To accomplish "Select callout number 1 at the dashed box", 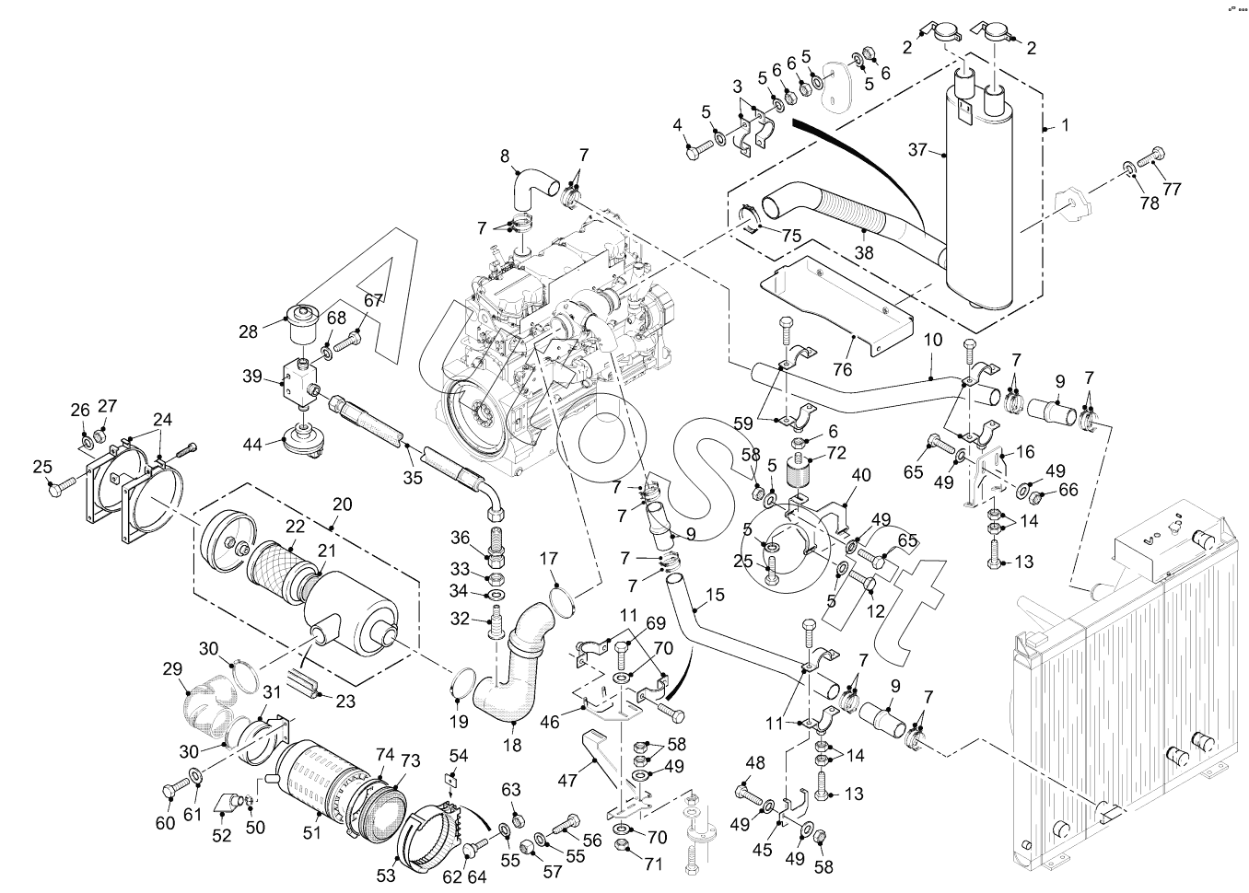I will click(x=1065, y=123).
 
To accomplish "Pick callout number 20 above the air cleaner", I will click(x=342, y=504).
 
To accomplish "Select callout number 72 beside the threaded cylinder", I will click(x=835, y=453).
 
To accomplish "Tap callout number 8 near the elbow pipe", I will click(x=505, y=156).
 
